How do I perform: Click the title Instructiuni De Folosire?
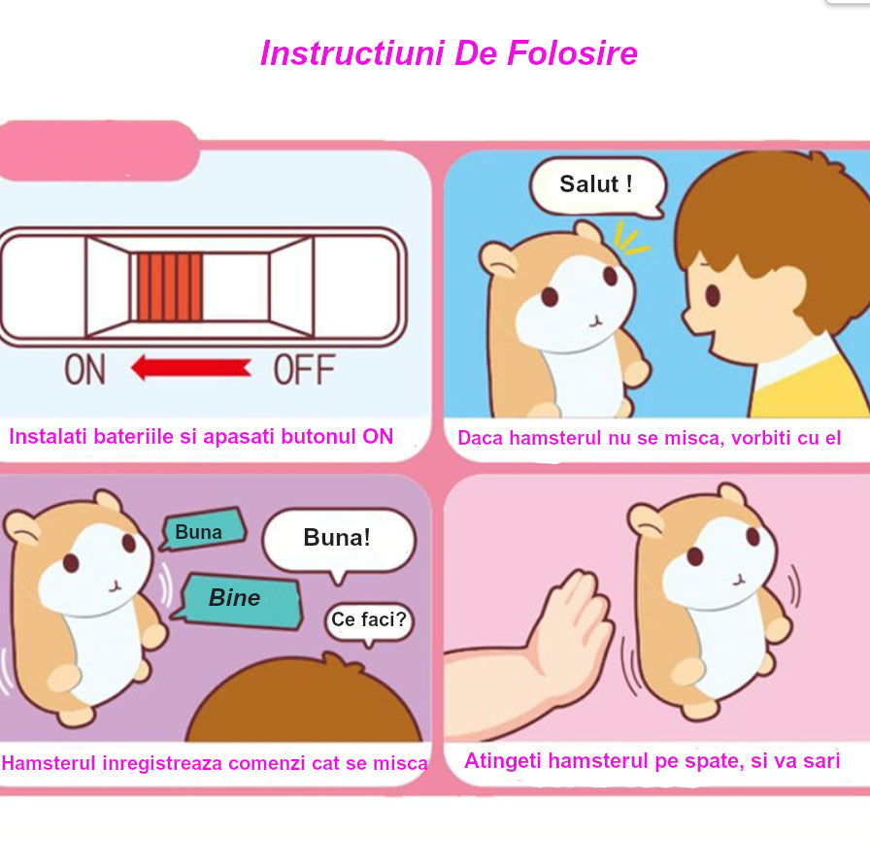pyautogui.click(x=449, y=52)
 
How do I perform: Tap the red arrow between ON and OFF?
pyautogui.click(x=191, y=368)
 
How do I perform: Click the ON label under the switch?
pyautogui.click(x=85, y=369)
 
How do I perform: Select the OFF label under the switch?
pyautogui.click(x=304, y=369)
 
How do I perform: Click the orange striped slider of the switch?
pyautogui.click(x=170, y=287)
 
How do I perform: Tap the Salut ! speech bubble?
pyautogui.click(x=596, y=184)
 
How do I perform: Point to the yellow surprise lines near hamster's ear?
pyautogui.click(x=630, y=239)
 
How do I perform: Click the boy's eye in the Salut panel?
pyautogui.click(x=712, y=294)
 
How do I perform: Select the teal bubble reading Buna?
pyautogui.click(x=201, y=531)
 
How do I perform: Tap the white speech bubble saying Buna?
pyautogui.click(x=338, y=539)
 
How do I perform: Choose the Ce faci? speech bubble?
pyautogui.click(x=369, y=619)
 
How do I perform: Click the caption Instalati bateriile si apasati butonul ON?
pyautogui.click(x=201, y=437)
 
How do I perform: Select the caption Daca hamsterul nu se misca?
pyautogui.click(x=649, y=438)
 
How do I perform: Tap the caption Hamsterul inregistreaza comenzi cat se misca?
pyautogui.click(x=215, y=763)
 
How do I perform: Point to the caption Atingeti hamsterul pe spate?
pyautogui.click(x=652, y=761)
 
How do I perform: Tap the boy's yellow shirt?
pyautogui.click(x=816, y=388)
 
